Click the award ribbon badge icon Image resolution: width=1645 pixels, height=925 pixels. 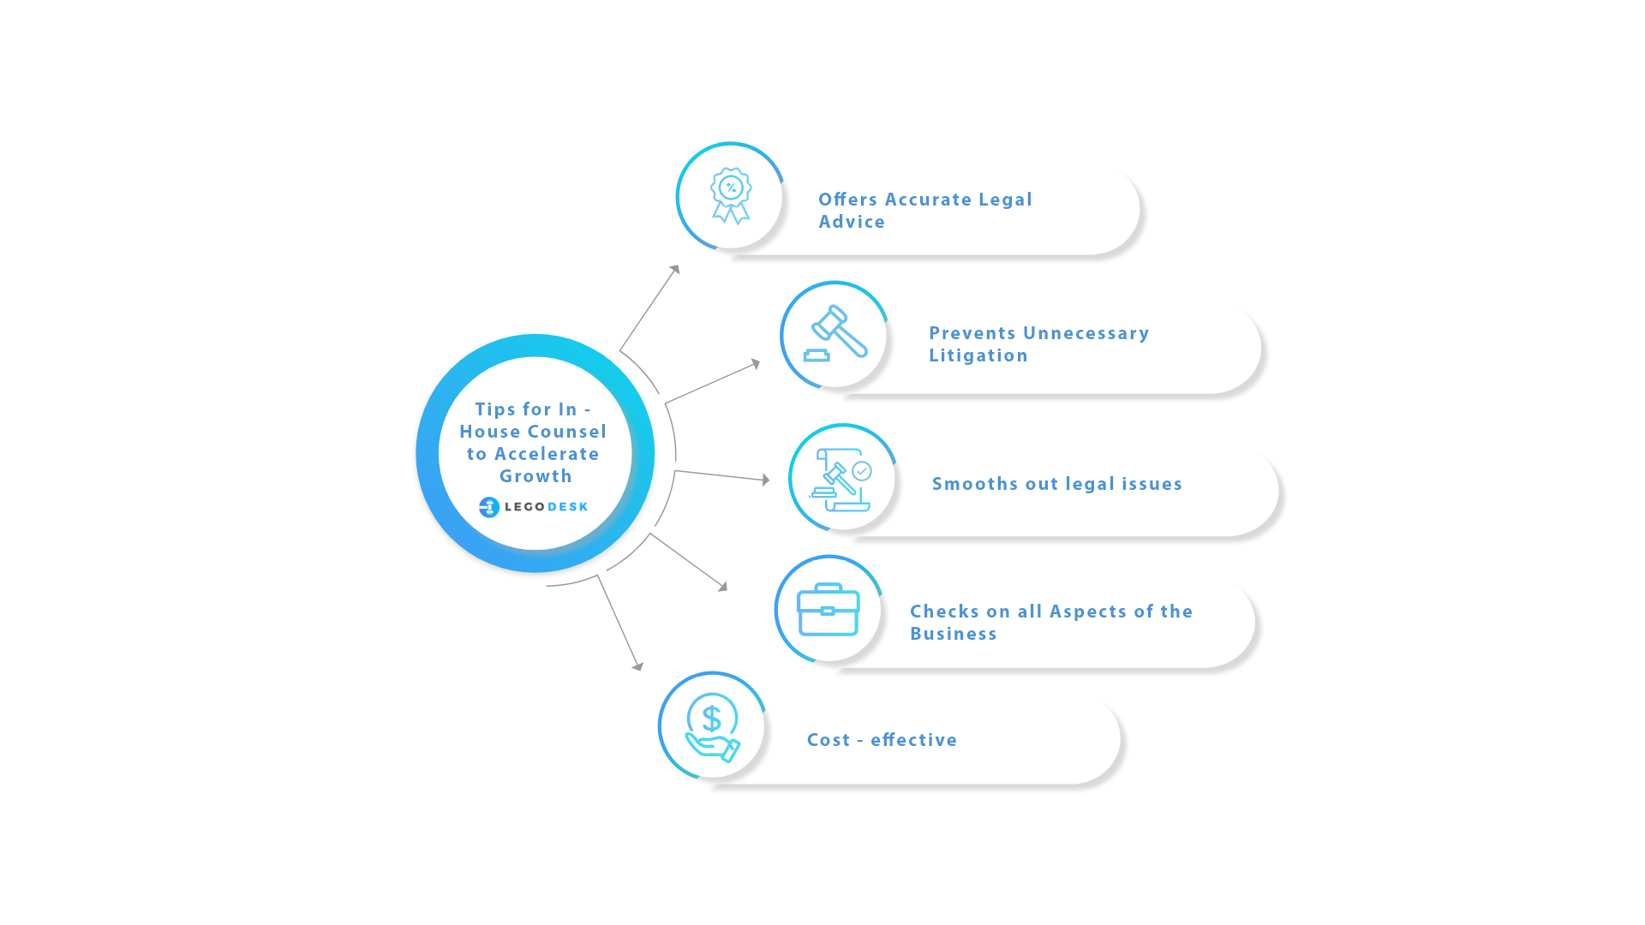coord(731,196)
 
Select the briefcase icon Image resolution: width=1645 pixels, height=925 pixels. coord(828,609)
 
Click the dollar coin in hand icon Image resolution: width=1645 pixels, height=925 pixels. coord(712,727)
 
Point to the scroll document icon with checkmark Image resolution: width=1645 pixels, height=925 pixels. coord(840,480)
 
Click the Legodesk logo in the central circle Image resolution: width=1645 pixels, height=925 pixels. coord(534,507)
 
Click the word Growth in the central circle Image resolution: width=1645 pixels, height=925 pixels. coord(535,476)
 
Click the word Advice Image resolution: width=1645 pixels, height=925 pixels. coord(852,222)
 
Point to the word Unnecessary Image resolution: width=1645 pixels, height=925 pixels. coord(1086,334)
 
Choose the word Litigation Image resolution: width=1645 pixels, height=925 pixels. coord(978,355)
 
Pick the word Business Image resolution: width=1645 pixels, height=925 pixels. coord(954,634)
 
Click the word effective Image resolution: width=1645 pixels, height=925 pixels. coord(913,740)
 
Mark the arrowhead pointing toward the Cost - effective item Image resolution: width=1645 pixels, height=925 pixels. coord(638,665)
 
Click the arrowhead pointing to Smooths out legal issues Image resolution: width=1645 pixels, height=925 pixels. coord(766,480)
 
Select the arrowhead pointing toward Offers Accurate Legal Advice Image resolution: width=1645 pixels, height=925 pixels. coord(675,269)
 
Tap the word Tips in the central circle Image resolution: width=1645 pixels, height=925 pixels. coord(495,409)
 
